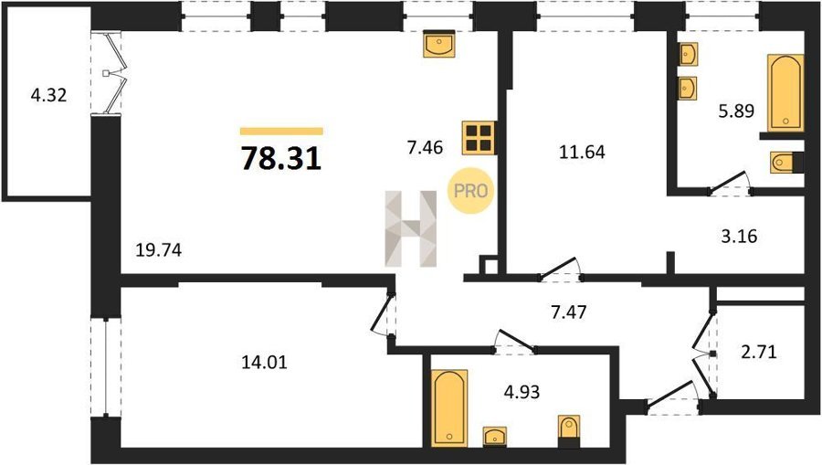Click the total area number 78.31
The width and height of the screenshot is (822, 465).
pos(281,158)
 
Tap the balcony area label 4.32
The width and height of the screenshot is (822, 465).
pos(48,95)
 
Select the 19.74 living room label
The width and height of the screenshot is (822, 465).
pos(158,250)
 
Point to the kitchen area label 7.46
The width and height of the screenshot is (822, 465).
pos(425,148)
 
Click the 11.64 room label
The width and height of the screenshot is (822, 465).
pos(582,152)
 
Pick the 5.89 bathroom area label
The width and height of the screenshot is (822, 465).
pos(736,111)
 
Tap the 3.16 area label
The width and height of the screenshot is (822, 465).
pos(739,237)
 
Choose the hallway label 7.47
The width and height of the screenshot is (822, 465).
pos(569,312)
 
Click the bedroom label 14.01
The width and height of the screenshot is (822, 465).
pos(264,363)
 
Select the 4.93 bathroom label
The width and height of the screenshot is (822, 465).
pos(522,392)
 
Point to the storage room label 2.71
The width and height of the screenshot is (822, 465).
pos(759,351)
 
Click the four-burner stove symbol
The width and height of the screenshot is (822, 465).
pos(479,138)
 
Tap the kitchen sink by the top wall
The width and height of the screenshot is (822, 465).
pos(439,44)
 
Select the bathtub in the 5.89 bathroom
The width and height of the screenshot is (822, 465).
pos(785,92)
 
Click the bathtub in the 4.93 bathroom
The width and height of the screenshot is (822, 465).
pos(449,408)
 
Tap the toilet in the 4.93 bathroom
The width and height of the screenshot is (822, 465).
pos(569,431)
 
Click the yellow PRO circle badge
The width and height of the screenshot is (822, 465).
pos(470,191)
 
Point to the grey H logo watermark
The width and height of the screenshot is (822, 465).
pos(411,228)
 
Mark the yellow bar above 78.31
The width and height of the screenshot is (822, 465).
pos(281,131)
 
